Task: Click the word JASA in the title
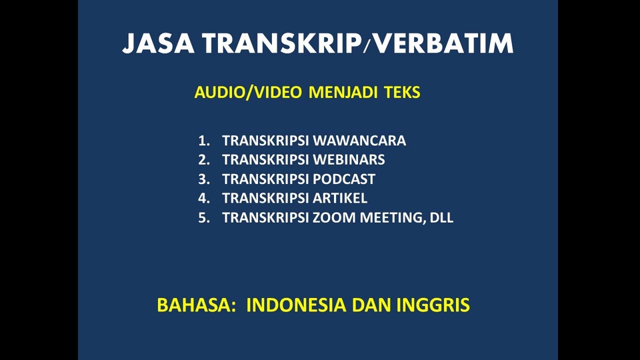point(158,44)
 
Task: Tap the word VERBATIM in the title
point(443,44)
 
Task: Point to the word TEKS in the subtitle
point(403,93)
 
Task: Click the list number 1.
point(203,141)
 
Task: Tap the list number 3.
point(203,179)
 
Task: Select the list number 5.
point(203,217)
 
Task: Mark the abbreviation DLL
point(441,217)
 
